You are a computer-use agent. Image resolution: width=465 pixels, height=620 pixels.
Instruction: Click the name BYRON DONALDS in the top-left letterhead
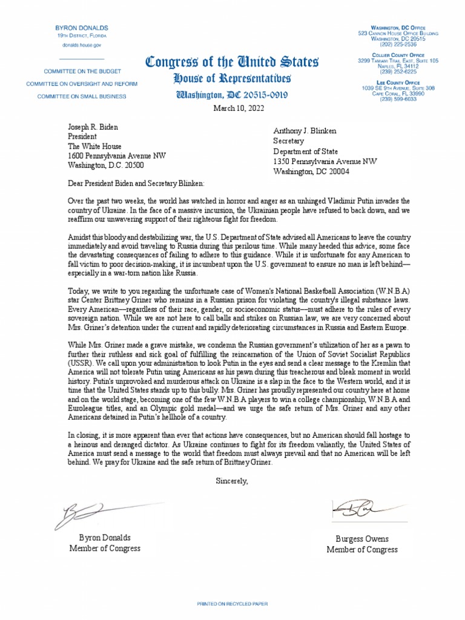[x=82, y=28]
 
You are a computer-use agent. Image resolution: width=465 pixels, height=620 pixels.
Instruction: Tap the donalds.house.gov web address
[x=82, y=45]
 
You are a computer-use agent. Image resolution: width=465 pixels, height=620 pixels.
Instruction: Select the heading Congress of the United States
[x=232, y=62]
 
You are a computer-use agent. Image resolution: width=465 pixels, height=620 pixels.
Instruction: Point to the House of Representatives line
[x=232, y=79]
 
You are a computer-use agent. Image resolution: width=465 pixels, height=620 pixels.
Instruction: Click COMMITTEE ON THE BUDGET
[x=82, y=70]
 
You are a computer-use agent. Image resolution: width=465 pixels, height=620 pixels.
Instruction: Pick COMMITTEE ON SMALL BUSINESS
[x=82, y=96]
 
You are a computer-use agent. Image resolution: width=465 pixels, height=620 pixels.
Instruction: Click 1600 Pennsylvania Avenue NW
[x=117, y=156]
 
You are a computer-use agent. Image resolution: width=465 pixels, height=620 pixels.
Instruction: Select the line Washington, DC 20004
[x=311, y=171]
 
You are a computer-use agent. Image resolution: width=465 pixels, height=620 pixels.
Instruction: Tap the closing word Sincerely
[x=232, y=481]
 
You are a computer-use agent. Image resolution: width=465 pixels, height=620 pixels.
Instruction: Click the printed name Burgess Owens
[x=362, y=539]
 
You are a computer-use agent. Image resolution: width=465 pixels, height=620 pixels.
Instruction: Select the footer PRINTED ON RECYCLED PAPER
[x=232, y=604]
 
